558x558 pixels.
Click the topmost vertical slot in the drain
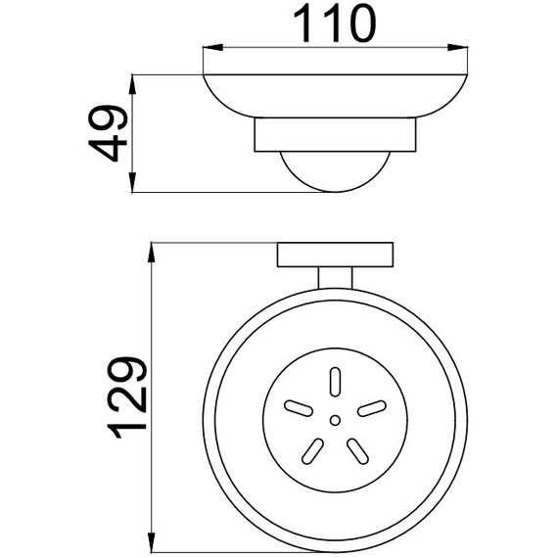pos(335,381)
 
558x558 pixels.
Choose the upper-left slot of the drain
pos(295,406)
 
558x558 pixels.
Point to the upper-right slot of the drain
pos(373,406)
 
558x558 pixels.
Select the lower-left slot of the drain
pos(311,449)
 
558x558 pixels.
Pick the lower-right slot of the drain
pos(358,449)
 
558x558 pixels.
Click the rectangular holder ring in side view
pos(334,136)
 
